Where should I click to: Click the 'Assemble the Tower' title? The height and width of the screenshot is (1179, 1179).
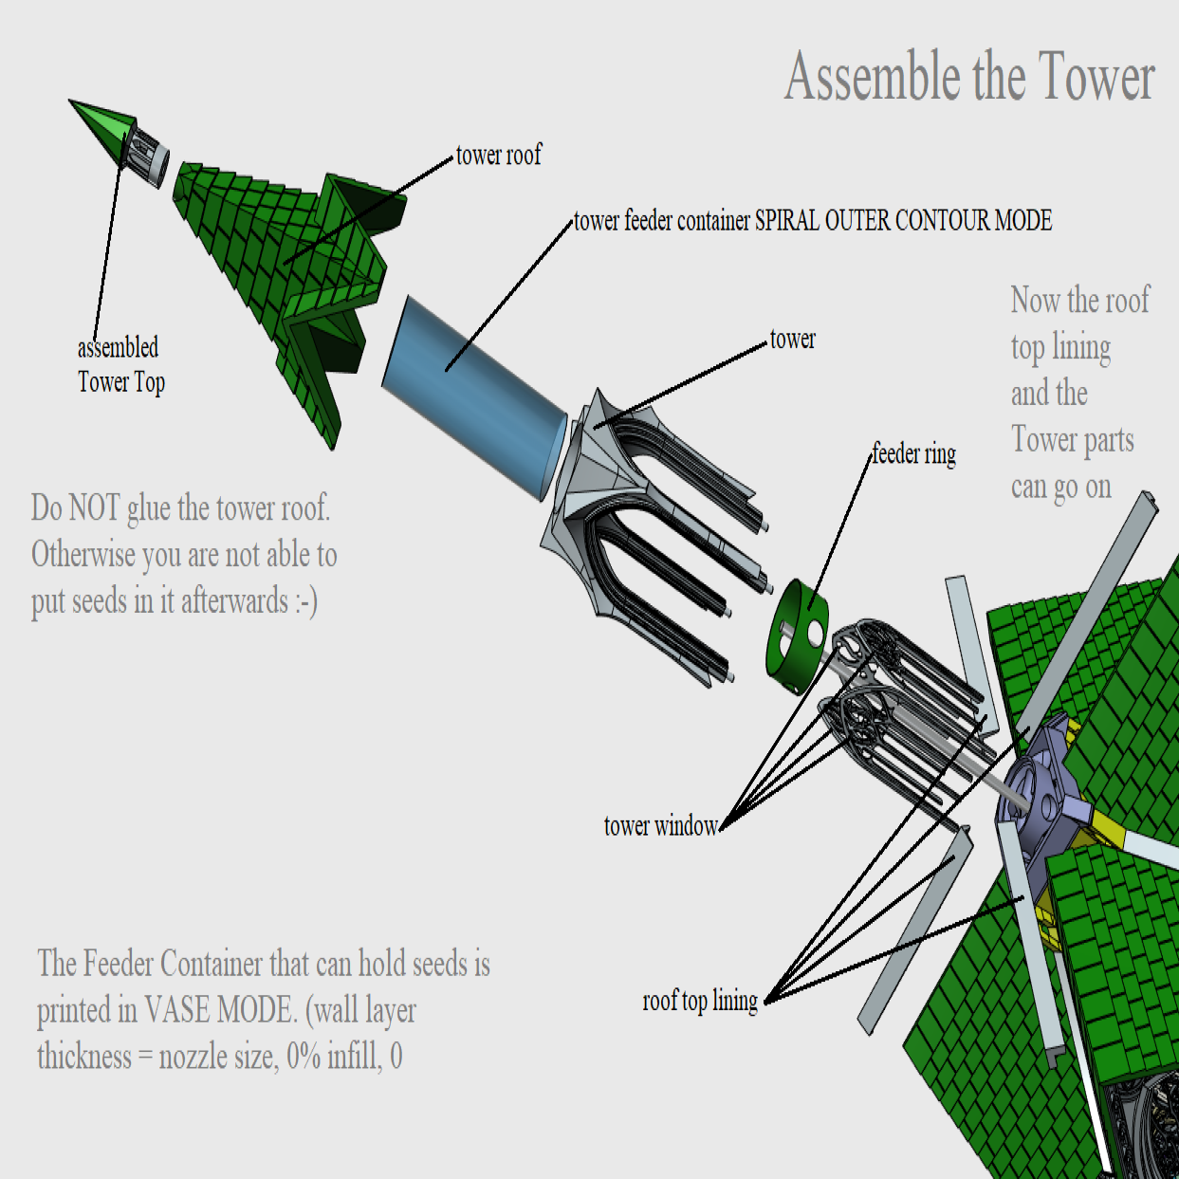969,77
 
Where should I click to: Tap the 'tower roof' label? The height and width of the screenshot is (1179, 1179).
499,155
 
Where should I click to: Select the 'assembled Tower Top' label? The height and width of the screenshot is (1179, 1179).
120,364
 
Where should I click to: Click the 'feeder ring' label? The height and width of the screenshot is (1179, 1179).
914,454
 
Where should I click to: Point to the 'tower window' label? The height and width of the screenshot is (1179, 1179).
661,826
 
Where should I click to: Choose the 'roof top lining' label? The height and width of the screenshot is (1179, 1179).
700,1001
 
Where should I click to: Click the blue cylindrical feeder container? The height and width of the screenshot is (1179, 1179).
474,397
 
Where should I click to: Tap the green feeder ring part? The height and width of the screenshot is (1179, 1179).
797,636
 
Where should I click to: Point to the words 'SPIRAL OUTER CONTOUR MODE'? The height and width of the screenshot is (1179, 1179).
904,221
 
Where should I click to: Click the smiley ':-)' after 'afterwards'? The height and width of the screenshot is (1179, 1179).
306,601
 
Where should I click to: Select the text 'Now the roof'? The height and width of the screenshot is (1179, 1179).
1080,300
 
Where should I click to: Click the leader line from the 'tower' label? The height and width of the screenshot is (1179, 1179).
680,385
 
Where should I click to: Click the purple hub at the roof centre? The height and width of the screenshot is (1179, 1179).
1034,796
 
